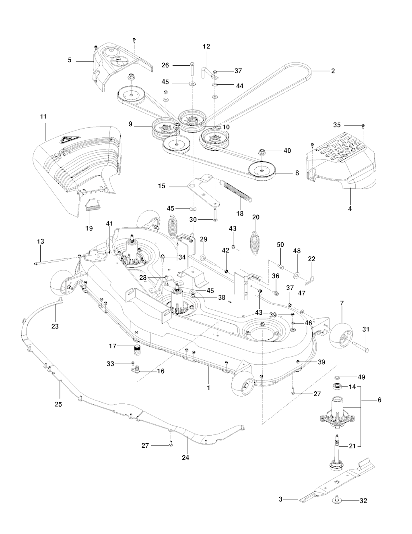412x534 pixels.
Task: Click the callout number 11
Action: (43, 116)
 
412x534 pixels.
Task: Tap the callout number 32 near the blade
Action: (363, 501)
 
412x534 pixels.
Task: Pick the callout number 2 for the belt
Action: (333, 71)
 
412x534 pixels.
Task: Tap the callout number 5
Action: (70, 60)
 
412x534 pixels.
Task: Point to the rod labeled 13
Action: (56, 262)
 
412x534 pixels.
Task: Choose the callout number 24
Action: (185, 457)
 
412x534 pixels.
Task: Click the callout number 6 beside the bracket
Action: (379, 400)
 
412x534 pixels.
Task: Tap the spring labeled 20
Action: (255, 243)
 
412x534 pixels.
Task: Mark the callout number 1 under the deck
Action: (208, 387)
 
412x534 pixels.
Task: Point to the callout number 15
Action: (161, 187)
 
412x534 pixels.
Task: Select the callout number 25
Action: (58, 404)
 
